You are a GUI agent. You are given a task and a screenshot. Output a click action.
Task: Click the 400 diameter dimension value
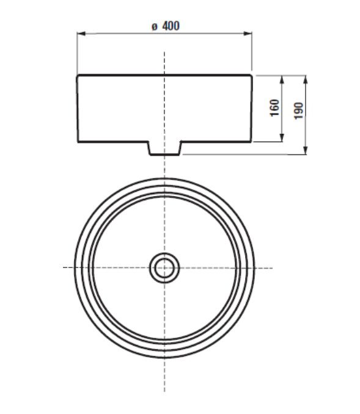(x=171, y=26)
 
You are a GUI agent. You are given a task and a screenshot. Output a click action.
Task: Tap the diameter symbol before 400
(x=155, y=27)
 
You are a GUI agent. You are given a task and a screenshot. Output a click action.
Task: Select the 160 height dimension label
(x=274, y=107)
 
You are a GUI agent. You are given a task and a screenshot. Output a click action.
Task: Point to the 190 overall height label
(x=299, y=111)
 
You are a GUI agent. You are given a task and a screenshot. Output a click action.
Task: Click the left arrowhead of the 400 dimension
(x=81, y=34)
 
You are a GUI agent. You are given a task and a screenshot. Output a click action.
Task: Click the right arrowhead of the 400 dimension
(x=248, y=34)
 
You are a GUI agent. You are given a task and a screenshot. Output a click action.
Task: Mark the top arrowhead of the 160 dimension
(x=282, y=79)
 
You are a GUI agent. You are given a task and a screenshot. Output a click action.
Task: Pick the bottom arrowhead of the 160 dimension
(x=282, y=138)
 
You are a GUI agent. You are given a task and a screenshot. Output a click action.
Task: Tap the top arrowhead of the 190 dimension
(x=305, y=79)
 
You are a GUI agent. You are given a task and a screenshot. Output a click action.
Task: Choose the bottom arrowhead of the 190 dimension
(x=305, y=150)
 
